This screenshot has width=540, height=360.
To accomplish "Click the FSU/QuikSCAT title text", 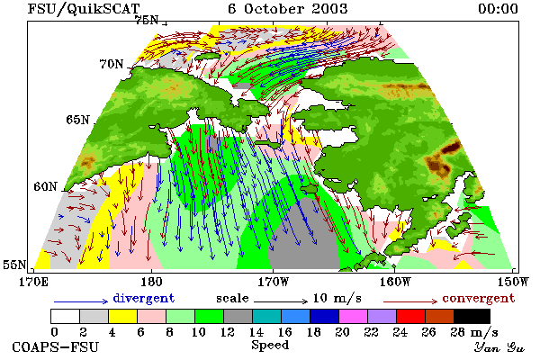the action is pyautogui.click(x=84, y=9).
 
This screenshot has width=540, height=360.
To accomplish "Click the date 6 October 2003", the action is pyautogui.click(x=288, y=9).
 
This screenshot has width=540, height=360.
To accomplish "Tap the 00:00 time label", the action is pyautogui.click(x=498, y=9).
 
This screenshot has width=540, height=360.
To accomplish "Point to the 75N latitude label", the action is pyautogui.click(x=147, y=20).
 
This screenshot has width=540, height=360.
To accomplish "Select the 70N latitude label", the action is pyautogui.click(x=112, y=64).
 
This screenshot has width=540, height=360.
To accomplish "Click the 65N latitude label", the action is pyautogui.click(x=77, y=120).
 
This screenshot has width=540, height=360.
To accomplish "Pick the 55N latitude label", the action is pyautogui.click(x=14, y=265).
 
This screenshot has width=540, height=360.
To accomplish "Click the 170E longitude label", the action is pyautogui.click(x=34, y=282).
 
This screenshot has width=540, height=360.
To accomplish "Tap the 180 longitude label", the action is pyautogui.click(x=151, y=282).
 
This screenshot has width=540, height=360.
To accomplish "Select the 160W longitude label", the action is pyautogui.click(x=395, y=282).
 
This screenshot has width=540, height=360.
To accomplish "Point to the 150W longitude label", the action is pyautogui.click(x=513, y=282).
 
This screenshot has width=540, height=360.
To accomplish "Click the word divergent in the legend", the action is pyautogui.click(x=144, y=298).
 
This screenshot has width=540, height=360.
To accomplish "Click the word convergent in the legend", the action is pyautogui.click(x=479, y=298).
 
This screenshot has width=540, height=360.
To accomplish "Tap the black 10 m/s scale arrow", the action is pyautogui.click(x=281, y=301).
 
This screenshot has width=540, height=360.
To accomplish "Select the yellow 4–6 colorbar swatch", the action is pyautogui.click(x=123, y=316).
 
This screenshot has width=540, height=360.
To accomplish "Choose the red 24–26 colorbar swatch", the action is pyautogui.click(x=411, y=316).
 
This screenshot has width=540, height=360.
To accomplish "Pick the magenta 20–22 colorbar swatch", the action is pyautogui.click(x=354, y=316).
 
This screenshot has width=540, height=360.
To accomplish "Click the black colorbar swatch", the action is pyautogui.click(x=472, y=316).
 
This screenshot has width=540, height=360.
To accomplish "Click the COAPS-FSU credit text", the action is pyautogui.click(x=56, y=346).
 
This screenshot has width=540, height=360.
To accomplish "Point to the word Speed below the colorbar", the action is pyautogui.click(x=270, y=346).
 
